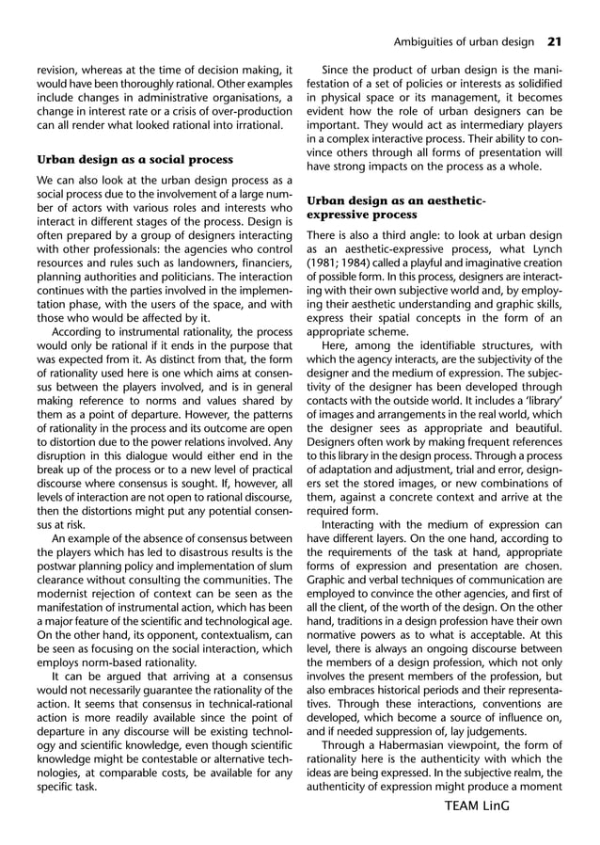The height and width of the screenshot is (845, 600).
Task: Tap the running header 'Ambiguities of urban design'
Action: (x=463, y=41)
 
